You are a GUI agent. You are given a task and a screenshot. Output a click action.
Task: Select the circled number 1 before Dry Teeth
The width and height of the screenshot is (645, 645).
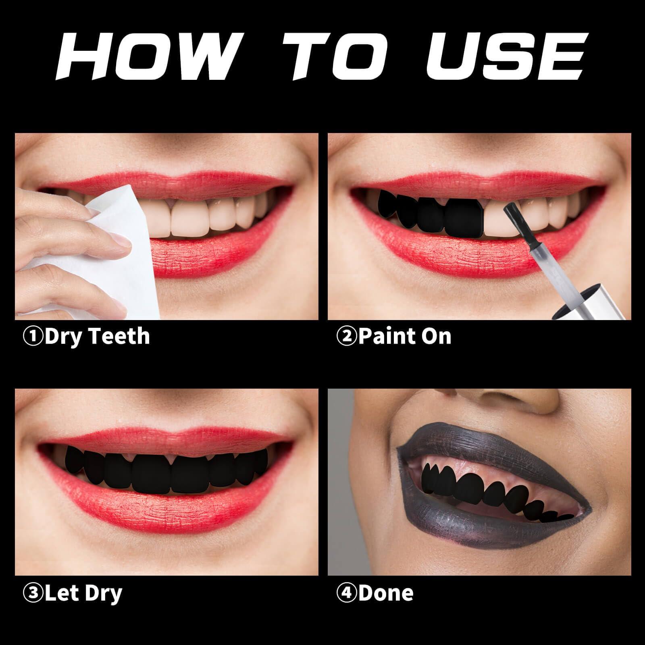click(33, 337)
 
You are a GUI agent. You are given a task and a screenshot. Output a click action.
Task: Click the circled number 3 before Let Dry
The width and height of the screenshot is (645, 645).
click(33, 593)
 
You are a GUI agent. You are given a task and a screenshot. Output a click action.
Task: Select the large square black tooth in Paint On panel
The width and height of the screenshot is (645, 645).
click(464, 218)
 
